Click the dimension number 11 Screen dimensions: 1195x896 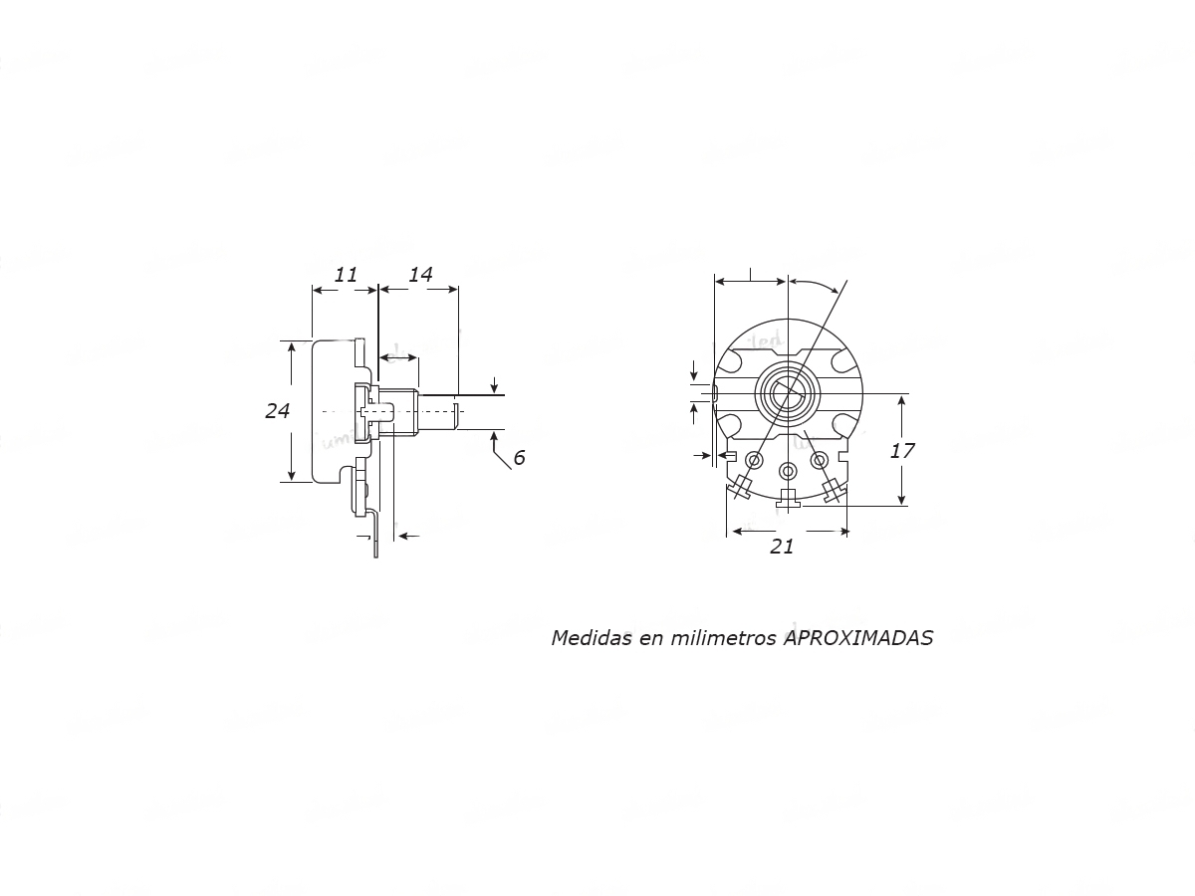[346, 275]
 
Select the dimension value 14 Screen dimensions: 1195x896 [420, 275]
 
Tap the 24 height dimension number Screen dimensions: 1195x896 [277, 411]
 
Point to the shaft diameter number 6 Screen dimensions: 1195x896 [519, 458]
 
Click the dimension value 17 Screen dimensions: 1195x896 [902, 450]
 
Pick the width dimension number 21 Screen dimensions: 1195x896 [782, 547]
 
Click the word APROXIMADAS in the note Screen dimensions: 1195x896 [858, 637]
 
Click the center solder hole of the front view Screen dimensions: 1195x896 [788, 470]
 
